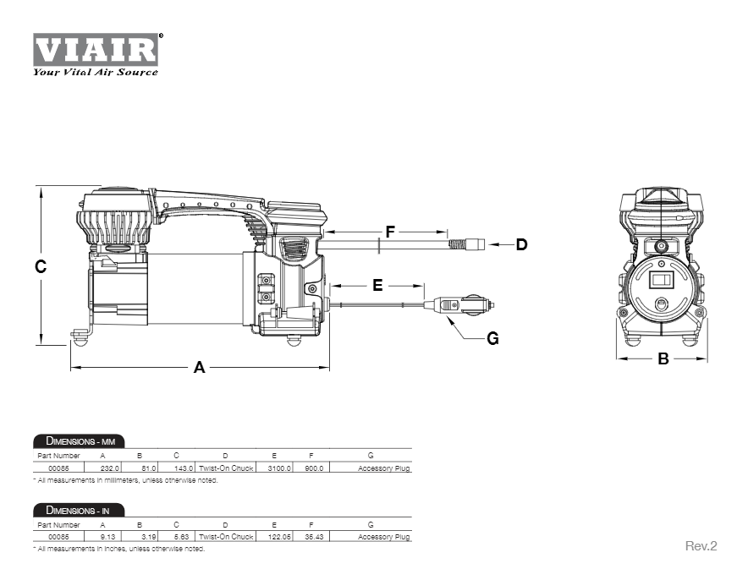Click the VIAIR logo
[95, 49]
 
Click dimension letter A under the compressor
[200, 367]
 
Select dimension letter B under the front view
[663, 358]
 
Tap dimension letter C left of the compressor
[41, 266]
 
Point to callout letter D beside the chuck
[521, 244]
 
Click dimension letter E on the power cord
[377, 285]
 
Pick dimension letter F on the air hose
[390, 232]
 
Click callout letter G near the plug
[492, 338]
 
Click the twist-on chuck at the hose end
[465, 244]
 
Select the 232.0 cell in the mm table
[111, 468]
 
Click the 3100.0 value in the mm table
[279, 468]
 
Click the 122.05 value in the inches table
[279, 537]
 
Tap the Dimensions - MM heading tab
[80, 441]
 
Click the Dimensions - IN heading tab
[80, 511]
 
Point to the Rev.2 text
[701, 546]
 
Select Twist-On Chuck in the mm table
[225, 468]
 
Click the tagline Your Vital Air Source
[95, 72]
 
